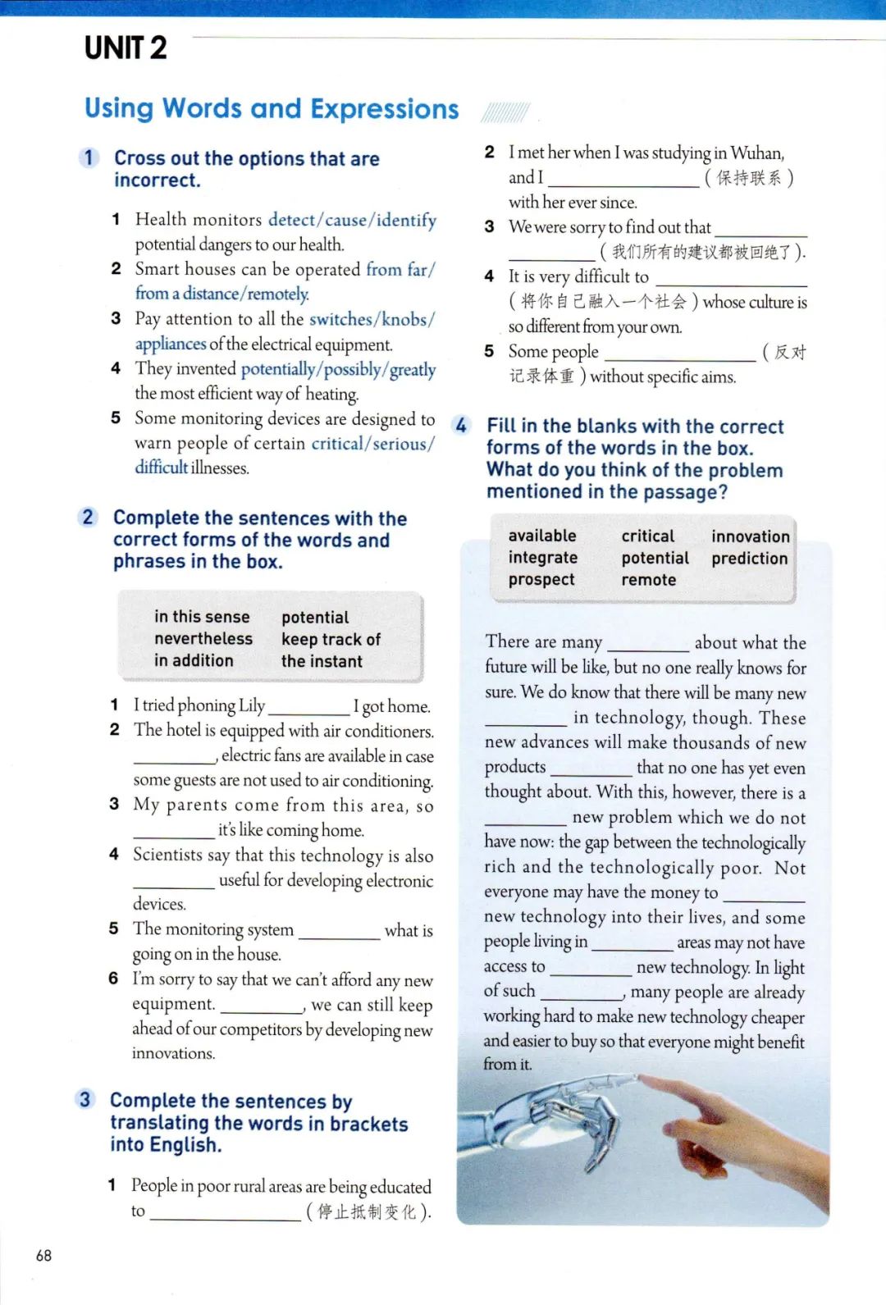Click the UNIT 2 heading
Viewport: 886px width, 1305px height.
click(126, 48)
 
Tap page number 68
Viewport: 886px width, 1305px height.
click(44, 1255)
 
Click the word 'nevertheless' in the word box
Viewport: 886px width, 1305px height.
click(203, 639)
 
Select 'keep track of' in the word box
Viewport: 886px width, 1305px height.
click(331, 640)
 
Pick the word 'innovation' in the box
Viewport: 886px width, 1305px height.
click(750, 536)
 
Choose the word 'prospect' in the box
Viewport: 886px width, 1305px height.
click(541, 580)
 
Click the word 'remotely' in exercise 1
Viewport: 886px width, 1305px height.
click(278, 294)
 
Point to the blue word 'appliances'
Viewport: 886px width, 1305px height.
click(171, 344)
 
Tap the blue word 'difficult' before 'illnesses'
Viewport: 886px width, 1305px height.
click(162, 468)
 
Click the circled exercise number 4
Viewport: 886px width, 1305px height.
click(461, 426)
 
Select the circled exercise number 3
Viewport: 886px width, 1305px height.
click(85, 1099)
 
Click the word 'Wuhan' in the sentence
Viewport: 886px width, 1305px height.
click(756, 153)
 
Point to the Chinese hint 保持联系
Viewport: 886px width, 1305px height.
click(748, 178)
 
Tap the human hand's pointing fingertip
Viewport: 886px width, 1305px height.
click(644, 1081)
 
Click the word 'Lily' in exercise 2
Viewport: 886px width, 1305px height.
click(252, 705)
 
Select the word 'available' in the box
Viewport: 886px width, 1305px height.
click(542, 536)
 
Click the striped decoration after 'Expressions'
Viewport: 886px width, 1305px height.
click(505, 112)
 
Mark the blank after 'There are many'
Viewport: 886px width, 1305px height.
click(647, 644)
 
